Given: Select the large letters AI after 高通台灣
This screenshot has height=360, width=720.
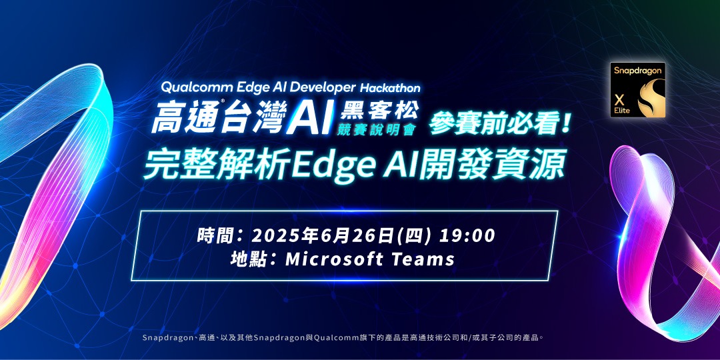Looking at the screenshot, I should click(x=310, y=119).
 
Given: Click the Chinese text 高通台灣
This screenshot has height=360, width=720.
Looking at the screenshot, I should click(x=218, y=119).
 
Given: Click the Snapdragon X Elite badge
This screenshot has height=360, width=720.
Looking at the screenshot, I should click(x=638, y=90).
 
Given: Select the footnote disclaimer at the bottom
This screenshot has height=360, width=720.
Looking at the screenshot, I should click(x=344, y=338).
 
